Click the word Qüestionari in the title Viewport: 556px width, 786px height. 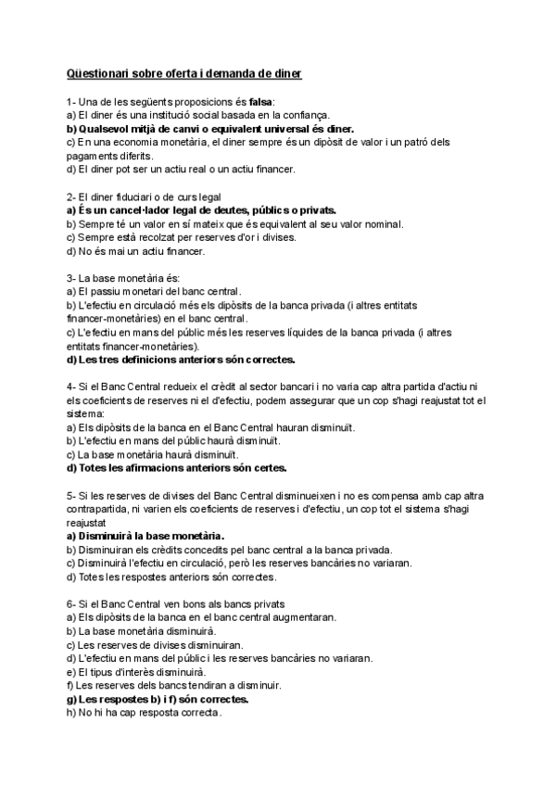click(x=99, y=71)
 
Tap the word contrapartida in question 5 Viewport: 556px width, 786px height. click(x=102, y=509)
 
